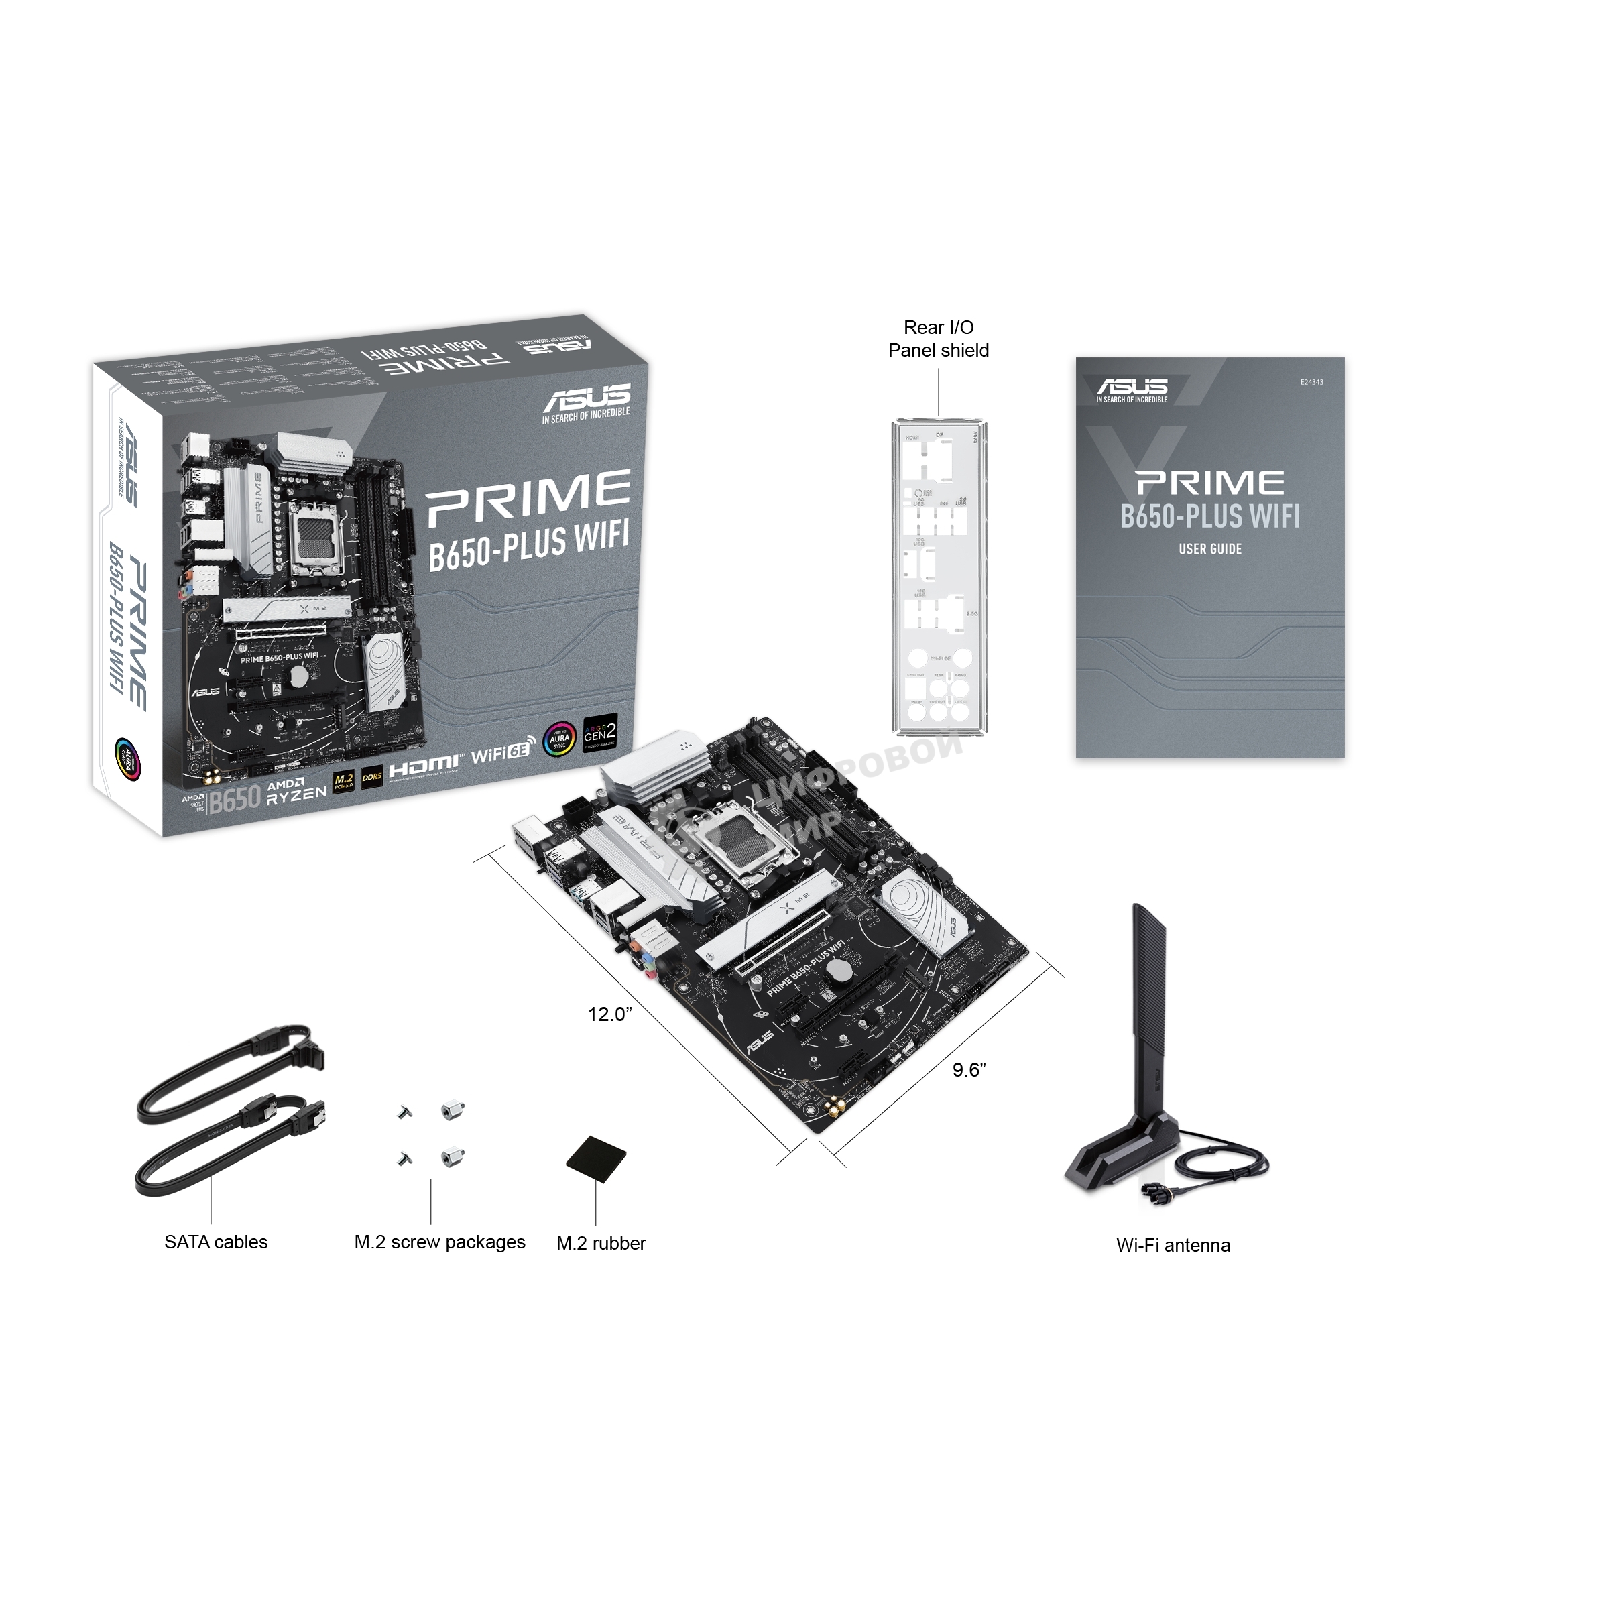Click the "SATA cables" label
(x=216, y=1242)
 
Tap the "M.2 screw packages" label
(x=440, y=1242)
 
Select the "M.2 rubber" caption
(x=601, y=1242)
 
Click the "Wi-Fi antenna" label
(x=1173, y=1245)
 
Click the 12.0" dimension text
(x=609, y=1014)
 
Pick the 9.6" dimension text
(x=969, y=1070)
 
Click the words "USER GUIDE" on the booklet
(x=1210, y=549)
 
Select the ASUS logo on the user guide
(x=1132, y=389)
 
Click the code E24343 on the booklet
(x=1311, y=382)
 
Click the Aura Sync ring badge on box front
(x=559, y=738)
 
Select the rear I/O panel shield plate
(x=939, y=579)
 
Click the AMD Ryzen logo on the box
(x=296, y=791)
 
